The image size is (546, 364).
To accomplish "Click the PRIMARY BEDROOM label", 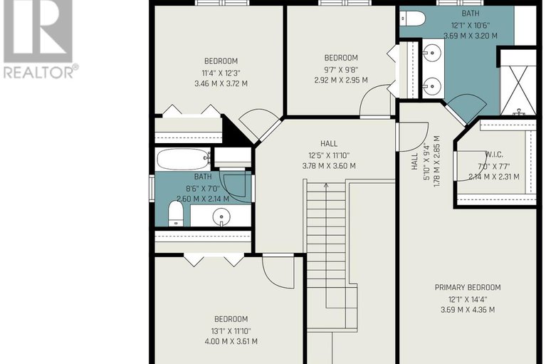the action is [x=468, y=287].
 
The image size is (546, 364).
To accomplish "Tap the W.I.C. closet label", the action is [x=494, y=155].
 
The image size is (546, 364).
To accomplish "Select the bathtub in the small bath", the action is [x=183, y=159].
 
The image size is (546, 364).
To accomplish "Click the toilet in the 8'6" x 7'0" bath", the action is [x=176, y=214].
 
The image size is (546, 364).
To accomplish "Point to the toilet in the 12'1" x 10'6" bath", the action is [x=411, y=19].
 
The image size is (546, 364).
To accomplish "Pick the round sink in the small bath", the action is [x=221, y=217].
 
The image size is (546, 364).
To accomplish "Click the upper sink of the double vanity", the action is [x=432, y=53].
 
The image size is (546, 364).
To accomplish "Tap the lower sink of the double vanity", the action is [x=432, y=85].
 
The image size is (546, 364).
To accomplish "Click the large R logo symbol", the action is [x=38, y=31].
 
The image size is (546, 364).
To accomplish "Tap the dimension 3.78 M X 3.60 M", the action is [x=329, y=166].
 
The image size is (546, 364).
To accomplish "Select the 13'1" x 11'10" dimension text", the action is [x=231, y=331].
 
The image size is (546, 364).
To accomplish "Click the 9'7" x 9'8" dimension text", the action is [x=341, y=70].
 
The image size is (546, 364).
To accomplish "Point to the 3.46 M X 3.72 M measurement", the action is [x=221, y=83].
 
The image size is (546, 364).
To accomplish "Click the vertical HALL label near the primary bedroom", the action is [x=414, y=161].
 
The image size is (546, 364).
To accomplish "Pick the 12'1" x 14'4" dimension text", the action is [x=468, y=299].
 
